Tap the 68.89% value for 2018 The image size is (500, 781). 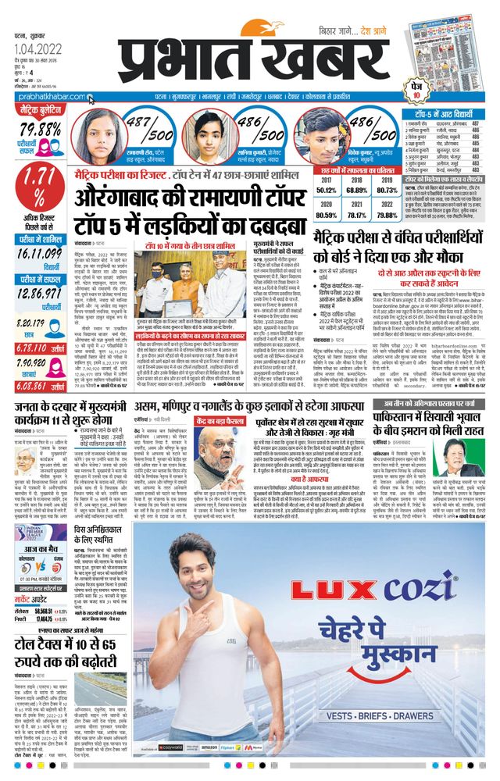tap(356, 190)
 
